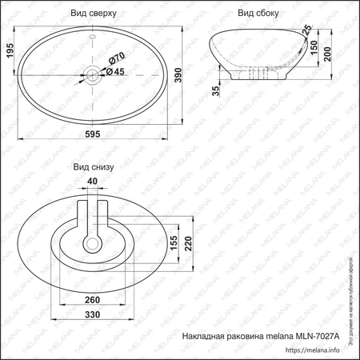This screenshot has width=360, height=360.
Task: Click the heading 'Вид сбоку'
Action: click(x=258, y=14)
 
